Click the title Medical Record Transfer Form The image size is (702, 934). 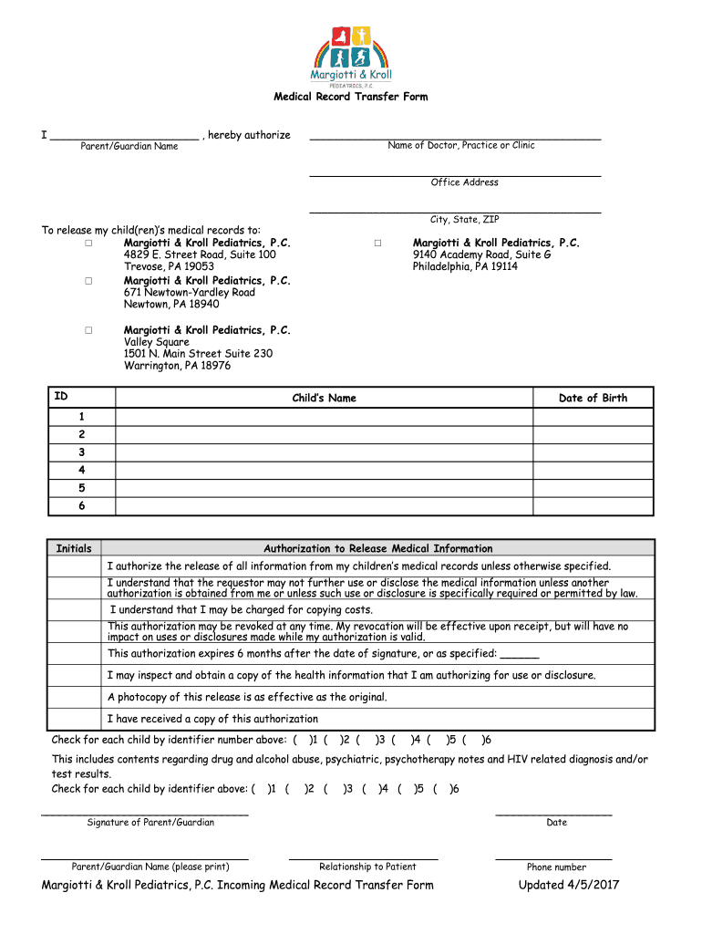[x=351, y=97]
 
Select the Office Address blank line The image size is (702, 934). [x=455, y=172]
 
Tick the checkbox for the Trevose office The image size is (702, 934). [x=89, y=244]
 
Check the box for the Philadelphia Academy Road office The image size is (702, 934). [x=377, y=244]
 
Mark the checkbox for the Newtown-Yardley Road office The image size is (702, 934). [x=89, y=281]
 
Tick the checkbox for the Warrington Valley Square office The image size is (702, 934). [x=89, y=330]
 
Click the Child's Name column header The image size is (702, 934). [x=324, y=398]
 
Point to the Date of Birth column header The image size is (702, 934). [x=593, y=398]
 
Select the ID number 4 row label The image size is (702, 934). [x=82, y=470]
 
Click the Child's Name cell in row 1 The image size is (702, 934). [x=324, y=417]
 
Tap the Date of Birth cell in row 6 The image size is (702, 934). [x=593, y=505]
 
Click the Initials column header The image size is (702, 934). [x=74, y=548]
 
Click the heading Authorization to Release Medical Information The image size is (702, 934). [x=377, y=548]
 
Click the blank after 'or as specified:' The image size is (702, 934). [x=520, y=654]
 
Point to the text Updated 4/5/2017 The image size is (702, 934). [x=569, y=885]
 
